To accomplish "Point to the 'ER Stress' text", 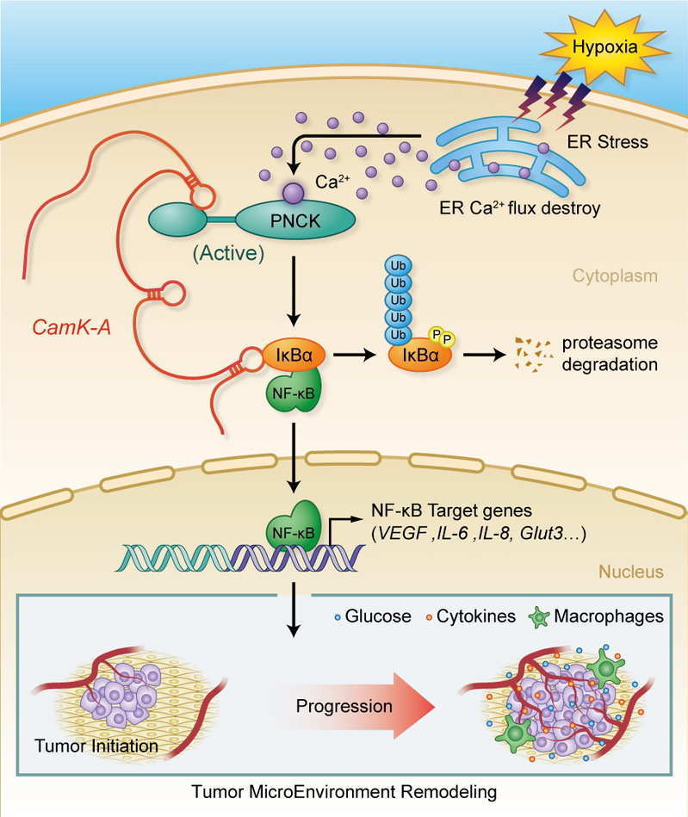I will (614, 142).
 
